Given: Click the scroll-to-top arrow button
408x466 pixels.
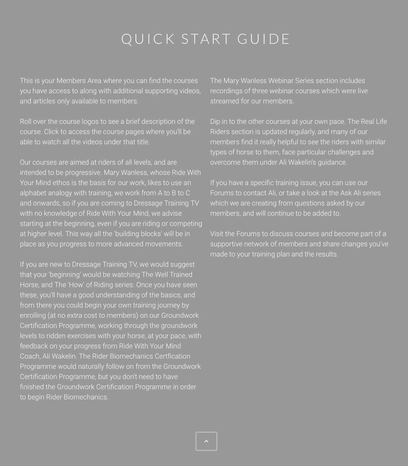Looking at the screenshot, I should point(206,441).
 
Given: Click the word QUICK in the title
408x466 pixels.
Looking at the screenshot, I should point(148,39).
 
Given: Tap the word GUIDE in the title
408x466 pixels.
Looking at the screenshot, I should point(263,39).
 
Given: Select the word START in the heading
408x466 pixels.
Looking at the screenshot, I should point(206,39).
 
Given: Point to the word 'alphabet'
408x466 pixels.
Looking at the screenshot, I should point(33,193).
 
